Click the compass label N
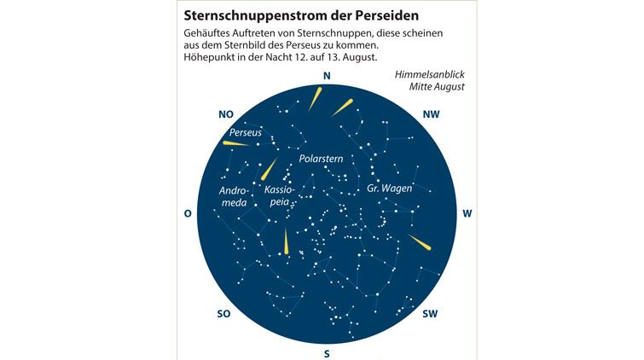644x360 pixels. click(x=327, y=76)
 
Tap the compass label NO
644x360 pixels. click(x=226, y=114)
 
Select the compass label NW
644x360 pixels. click(x=432, y=114)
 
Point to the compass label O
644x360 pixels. click(x=188, y=214)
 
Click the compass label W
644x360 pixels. click(x=467, y=214)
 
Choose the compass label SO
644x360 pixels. click(x=223, y=314)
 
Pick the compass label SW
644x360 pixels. click(x=430, y=314)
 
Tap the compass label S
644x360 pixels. click(x=327, y=354)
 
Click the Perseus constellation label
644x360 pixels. click(x=245, y=132)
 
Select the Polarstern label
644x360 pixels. click(x=321, y=159)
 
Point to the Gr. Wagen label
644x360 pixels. click(x=389, y=189)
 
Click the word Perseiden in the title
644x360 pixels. click(x=383, y=15)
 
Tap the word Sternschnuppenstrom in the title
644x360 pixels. click(x=252, y=15)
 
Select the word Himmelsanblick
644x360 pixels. click(x=430, y=74)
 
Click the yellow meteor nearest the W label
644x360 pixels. click(x=420, y=242)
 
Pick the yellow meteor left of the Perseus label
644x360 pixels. click(x=236, y=143)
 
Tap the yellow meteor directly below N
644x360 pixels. click(x=315, y=99)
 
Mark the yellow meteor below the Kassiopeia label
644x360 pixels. click(x=286, y=241)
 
